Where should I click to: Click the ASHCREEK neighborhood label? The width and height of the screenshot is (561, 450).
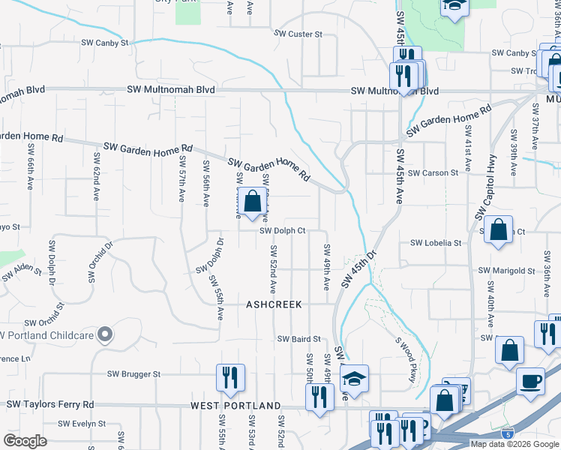click(274, 304)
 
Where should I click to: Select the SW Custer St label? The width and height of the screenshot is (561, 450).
click(298, 34)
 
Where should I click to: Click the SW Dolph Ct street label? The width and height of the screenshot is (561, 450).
click(283, 231)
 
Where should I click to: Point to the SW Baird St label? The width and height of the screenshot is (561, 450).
click(299, 339)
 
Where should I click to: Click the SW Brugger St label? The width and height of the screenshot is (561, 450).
click(134, 373)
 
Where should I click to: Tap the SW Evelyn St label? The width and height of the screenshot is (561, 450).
click(85, 424)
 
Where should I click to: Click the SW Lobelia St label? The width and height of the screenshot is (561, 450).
click(436, 243)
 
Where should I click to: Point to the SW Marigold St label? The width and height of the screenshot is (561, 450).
click(507, 271)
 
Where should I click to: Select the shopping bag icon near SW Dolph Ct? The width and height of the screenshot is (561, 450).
click(253, 201)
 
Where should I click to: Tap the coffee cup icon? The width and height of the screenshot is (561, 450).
click(530, 380)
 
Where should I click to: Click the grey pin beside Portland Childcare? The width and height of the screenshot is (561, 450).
click(106, 334)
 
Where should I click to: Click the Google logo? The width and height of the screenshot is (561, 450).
click(25, 441)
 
